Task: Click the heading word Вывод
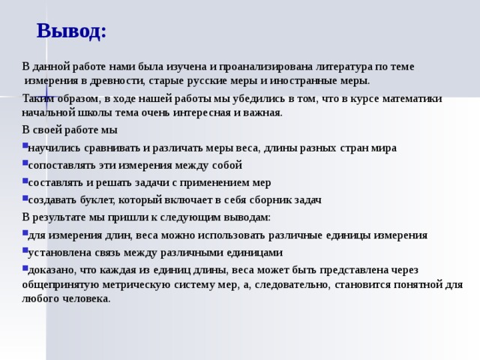[x=70, y=31]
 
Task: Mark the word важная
[x=263, y=112]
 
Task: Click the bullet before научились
[x=25, y=146]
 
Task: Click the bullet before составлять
[x=25, y=181]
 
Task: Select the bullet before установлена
[x=25, y=250]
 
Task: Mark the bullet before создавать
[x=25, y=198]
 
